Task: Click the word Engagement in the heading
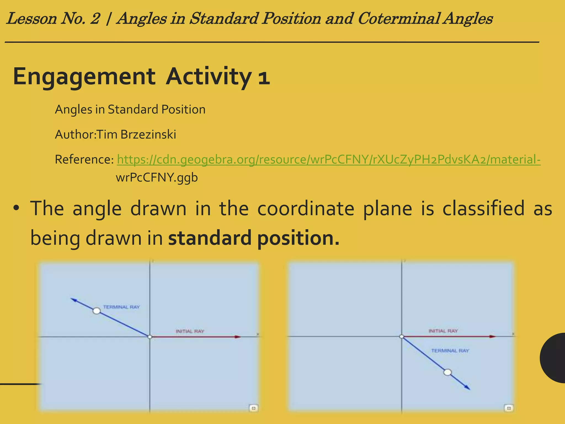(84, 77)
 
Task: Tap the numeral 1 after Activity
(264, 77)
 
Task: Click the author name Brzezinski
(148, 135)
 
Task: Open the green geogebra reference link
(328, 160)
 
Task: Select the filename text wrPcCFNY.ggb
(157, 177)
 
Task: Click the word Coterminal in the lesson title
(398, 19)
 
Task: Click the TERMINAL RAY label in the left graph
(121, 307)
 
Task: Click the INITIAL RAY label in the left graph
(190, 331)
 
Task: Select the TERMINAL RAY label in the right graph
(450, 351)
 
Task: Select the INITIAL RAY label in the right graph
(443, 331)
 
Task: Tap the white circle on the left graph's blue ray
(97, 311)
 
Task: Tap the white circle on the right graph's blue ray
(447, 372)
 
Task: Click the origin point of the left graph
(150, 337)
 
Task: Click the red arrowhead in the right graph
(493, 336)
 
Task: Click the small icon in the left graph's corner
(254, 408)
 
